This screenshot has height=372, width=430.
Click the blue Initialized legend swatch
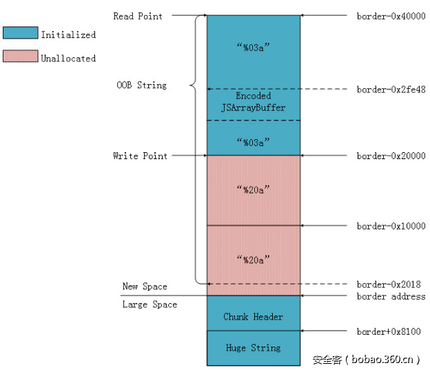click(x=19, y=33)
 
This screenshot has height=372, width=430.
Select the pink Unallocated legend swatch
click(x=19, y=56)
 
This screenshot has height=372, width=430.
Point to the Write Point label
click(x=140, y=156)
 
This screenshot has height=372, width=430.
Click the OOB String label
click(x=141, y=85)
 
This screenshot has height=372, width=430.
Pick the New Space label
click(x=145, y=286)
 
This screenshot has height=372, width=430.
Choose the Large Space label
click(x=150, y=304)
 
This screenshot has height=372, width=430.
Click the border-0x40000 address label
click(x=391, y=15)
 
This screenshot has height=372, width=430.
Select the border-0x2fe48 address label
click(x=391, y=90)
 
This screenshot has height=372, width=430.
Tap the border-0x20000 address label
click(x=391, y=156)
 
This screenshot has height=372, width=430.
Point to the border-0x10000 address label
click(x=391, y=226)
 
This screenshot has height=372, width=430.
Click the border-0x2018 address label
click(x=389, y=284)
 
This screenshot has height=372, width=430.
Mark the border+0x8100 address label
click(x=389, y=331)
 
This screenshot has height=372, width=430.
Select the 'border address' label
click(x=391, y=296)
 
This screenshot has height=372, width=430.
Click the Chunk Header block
click(x=253, y=317)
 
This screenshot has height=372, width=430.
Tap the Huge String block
click(x=253, y=348)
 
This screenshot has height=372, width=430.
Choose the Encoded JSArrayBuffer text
click(x=253, y=102)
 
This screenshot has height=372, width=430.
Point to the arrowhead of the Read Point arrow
click(x=204, y=15)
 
